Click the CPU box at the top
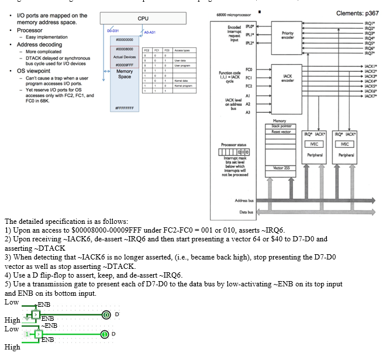click(143, 19)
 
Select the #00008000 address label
click(125, 49)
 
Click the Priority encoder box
click(287, 34)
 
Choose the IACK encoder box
click(287, 78)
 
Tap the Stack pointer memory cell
click(281, 126)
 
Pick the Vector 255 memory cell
click(281, 168)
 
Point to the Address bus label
click(244, 200)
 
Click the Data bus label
click(247, 212)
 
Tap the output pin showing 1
click(106, 334)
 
